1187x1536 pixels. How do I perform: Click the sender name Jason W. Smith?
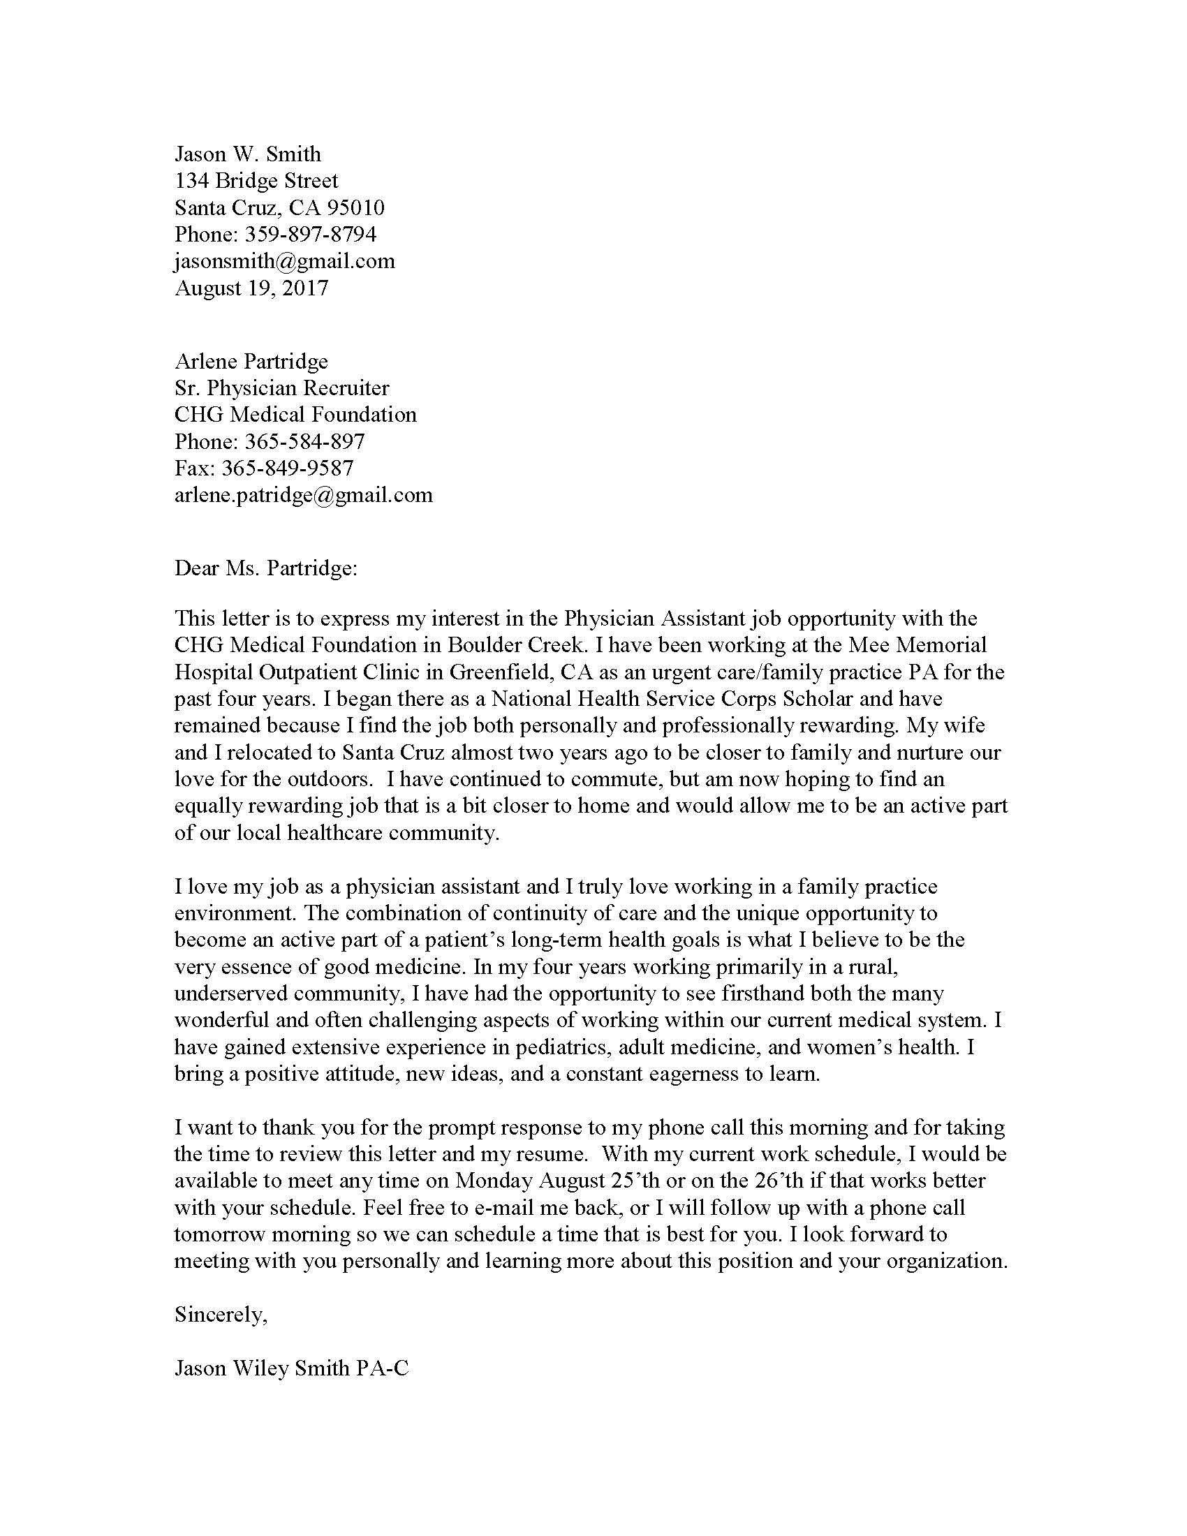point(248,154)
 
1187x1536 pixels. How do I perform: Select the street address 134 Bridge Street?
point(256,181)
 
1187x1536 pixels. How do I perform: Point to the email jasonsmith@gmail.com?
point(284,261)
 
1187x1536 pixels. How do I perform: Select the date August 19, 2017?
point(251,288)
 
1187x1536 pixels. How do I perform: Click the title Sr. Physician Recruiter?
point(281,387)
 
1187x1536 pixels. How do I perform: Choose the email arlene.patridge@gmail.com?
point(303,495)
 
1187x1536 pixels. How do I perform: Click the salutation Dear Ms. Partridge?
point(266,568)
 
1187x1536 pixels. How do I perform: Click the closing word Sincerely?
point(220,1315)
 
